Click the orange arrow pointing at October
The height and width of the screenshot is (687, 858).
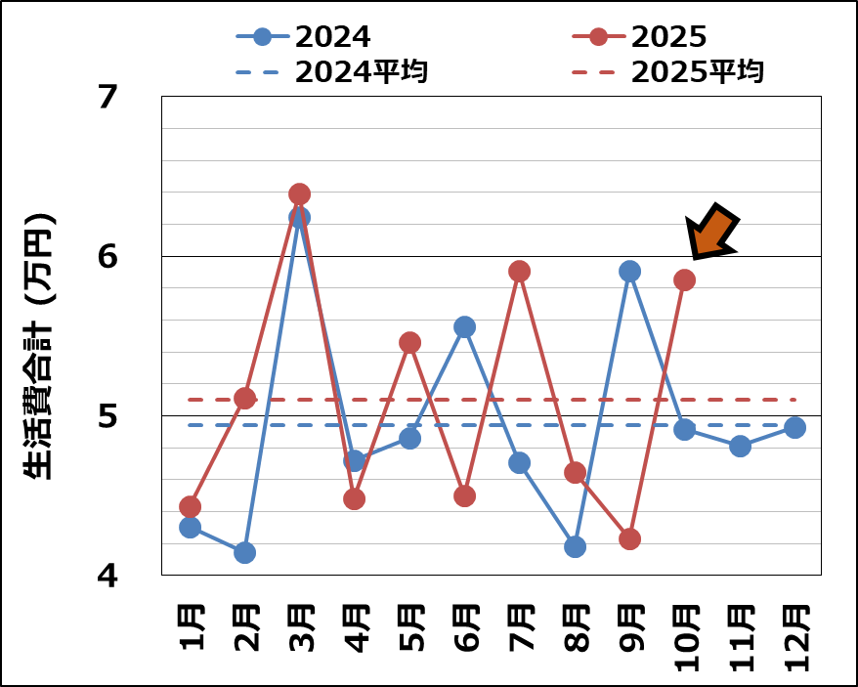[711, 233]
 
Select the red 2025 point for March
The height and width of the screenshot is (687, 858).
[300, 193]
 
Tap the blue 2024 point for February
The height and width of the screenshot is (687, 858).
[245, 552]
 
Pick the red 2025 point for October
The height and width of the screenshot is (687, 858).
[684, 279]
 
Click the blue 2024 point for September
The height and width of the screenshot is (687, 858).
[629, 271]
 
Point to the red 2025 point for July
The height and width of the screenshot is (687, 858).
[520, 271]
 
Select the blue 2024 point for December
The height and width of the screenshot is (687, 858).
[794, 427]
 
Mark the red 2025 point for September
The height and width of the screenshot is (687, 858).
[629, 538]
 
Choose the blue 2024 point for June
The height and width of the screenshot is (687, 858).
[465, 326]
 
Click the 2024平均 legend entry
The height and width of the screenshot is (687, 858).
[332, 71]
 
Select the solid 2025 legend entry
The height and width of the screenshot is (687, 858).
[639, 37]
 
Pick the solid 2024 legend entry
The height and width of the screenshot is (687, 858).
[304, 37]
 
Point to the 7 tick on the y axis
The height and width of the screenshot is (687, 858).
[107, 97]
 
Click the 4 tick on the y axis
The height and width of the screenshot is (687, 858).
[107, 576]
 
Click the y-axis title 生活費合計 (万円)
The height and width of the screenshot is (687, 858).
[39, 347]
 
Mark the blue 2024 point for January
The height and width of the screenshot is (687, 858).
[191, 527]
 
